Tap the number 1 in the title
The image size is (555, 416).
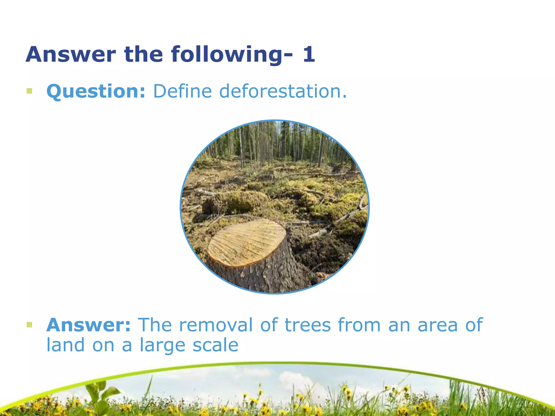click(x=309, y=54)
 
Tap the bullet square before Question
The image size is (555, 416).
click(x=29, y=91)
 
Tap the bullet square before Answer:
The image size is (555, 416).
click(x=29, y=324)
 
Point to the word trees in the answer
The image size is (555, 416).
click(x=308, y=325)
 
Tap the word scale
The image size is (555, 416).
click(x=215, y=346)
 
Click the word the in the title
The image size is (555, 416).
click(x=143, y=54)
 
